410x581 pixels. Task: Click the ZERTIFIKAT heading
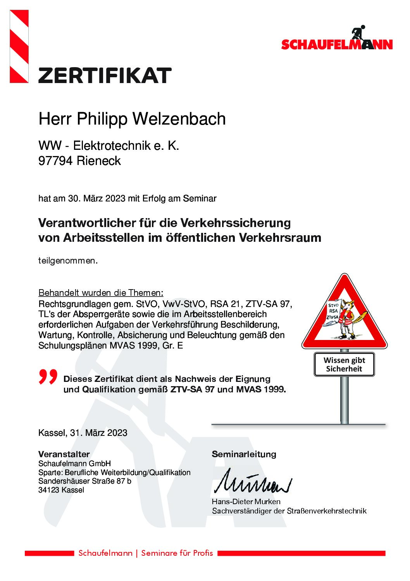pyautogui.click(x=105, y=75)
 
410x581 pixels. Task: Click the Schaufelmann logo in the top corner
pyautogui.click(x=337, y=39)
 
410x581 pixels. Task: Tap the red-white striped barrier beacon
pyautogui.click(x=19, y=46)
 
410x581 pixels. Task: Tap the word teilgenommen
pyautogui.click(x=67, y=261)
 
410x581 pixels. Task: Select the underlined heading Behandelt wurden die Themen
pyautogui.click(x=101, y=293)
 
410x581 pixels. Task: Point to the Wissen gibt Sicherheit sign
pyautogui.click(x=344, y=364)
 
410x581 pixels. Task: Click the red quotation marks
pyautogui.click(x=48, y=377)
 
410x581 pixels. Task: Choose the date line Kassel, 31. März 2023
pyautogui.click(x=83, y=433)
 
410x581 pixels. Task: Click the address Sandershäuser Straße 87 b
pyautogui.click(x=84, y=481)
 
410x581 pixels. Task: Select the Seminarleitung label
pyautogui.click(x=244, y=454)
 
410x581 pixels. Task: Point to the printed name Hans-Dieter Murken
pyautogui.click(x=246, y=501)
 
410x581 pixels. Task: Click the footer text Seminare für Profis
pyautogui.click(x=177, y=553)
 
